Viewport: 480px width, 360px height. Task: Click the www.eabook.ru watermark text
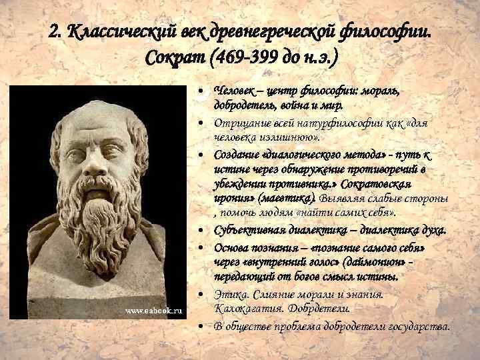[x=154, y=311]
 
